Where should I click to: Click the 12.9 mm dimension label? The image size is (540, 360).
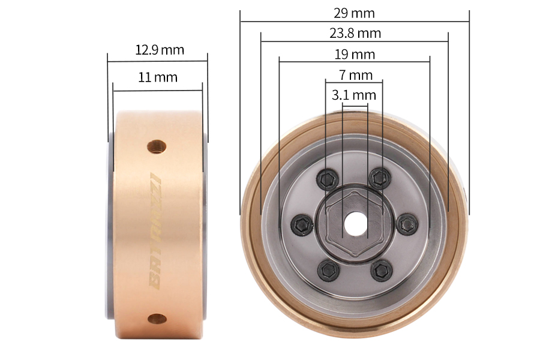[159, 50]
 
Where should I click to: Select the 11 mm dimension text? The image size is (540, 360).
[158, 77]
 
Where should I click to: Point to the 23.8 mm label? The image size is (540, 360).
[355, 33]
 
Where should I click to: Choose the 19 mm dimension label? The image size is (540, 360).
[355, 55]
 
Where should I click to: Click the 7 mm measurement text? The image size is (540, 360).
[355, 75]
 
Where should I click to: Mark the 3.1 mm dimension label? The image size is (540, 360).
[354, 95]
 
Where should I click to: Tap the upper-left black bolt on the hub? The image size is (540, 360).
[327, 178]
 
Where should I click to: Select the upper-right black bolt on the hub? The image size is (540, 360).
[378, 177]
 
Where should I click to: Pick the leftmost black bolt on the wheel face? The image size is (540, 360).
[301, 225]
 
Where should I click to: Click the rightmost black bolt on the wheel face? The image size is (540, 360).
[406, 224]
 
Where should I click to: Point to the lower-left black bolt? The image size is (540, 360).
[328, 271]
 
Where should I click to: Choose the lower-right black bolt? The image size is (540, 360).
[380, 271]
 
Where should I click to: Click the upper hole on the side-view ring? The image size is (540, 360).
[157, 146]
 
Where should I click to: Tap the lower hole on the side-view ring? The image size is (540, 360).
[157, 318]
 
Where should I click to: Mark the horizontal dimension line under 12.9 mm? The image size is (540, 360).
[157, 60]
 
